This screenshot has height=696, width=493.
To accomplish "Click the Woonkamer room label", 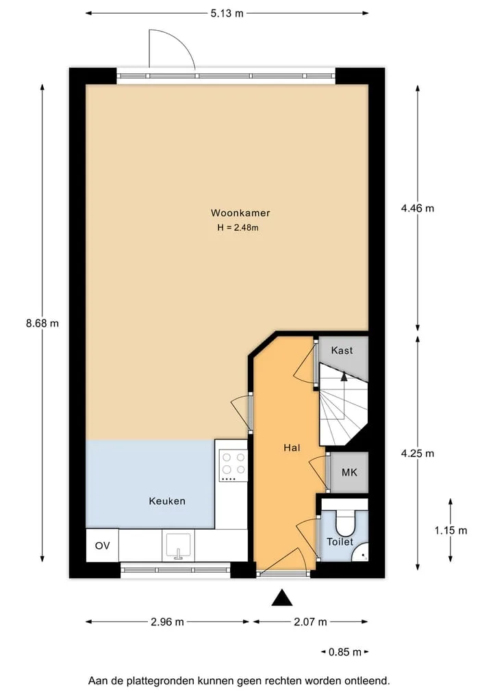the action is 240,213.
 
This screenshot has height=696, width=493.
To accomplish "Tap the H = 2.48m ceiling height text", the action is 238,228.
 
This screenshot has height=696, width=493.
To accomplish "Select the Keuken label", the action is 167,501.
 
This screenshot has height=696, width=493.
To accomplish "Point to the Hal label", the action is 292,448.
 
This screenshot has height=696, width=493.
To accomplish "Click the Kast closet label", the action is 342,350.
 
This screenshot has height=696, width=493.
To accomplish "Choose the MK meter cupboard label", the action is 349,472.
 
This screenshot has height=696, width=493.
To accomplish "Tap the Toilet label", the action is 340,541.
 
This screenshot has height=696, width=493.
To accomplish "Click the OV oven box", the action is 103,545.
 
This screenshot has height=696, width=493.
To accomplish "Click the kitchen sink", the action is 179,546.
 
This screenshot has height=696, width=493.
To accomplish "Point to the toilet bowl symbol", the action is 345,523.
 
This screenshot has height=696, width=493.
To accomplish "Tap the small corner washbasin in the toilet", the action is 361,553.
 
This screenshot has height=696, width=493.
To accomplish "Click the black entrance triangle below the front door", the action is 282,598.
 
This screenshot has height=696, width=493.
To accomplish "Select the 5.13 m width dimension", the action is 227,13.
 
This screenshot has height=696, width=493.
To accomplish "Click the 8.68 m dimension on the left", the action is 42,323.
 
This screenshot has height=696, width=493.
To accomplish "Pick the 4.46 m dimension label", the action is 418,208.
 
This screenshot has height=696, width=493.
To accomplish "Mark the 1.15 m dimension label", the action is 451,530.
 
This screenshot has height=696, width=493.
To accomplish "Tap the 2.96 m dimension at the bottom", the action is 167,622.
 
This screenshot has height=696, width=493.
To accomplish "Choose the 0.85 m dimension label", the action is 345,652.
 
